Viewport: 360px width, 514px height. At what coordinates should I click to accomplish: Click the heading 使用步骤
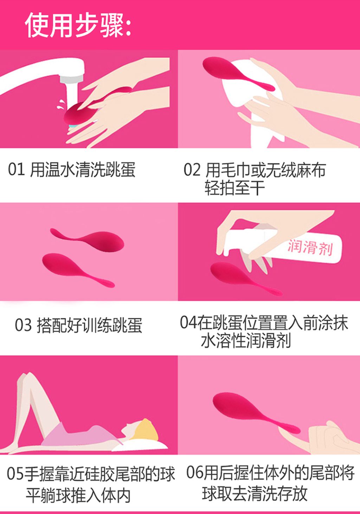pos(78,25)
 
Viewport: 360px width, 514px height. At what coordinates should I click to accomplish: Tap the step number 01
pos(16,169)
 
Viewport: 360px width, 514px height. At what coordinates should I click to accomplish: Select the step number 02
pos(192,170)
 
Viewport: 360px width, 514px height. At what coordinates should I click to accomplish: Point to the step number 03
pos(23,325)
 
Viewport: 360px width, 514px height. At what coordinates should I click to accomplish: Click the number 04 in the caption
pos(188,322)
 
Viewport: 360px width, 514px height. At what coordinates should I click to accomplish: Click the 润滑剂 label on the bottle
pos(310,248)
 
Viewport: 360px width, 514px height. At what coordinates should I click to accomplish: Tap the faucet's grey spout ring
pos(71,79)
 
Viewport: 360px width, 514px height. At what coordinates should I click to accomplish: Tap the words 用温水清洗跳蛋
pos(83,169)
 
